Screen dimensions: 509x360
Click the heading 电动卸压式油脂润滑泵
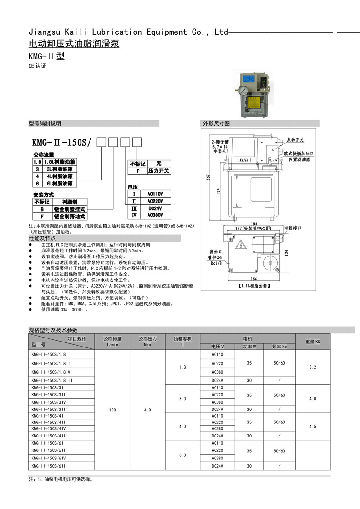[74, 44]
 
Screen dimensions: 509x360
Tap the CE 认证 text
[37, 66]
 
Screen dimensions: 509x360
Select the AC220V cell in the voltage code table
[155, 201]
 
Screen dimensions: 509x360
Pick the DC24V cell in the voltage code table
[155, 208]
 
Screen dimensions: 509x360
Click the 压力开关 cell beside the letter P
[158, 171]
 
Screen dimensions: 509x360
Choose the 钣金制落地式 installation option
[69, 216]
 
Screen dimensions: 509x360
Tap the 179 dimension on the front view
[218, 191]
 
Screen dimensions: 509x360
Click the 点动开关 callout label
[295, 140]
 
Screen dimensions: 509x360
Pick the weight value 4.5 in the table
[313, 426]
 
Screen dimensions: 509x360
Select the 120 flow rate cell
[112, 410]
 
